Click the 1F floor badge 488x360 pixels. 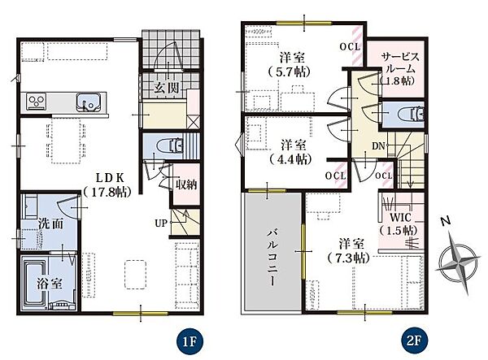click(x=190, y=341)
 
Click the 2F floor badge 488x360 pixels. click(x=414, y=341)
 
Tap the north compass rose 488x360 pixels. click(x=458, y=261)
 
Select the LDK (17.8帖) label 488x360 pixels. click(x=107, y=185)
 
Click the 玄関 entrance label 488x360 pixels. click(x=167, y=89)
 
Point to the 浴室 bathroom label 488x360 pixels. click(x=50, y=284)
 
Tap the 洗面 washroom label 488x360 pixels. click(x=51, y=223)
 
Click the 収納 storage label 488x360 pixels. click(x=186, y=184)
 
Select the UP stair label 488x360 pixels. click(x=161, y=223)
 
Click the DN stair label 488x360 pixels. click(x=378, y=145)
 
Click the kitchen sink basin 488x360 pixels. click(x=89, y=102)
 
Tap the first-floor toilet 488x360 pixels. click(x=170, y=145)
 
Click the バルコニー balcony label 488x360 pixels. click(x=271, y=258)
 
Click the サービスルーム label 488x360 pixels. click(x=399, y=68)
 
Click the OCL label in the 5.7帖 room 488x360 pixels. click(x=350, y=46)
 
